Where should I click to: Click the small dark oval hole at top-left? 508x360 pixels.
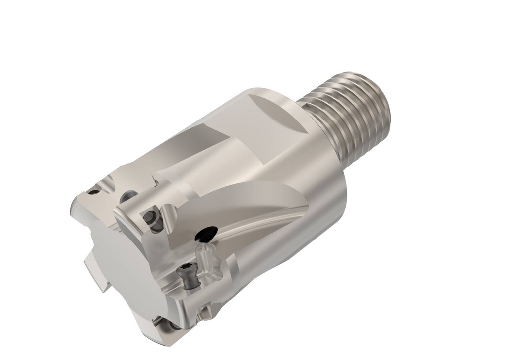pyautogui.click(x=93, y=192)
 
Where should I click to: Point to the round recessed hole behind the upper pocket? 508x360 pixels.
pyautogui.click(x=130, y=195)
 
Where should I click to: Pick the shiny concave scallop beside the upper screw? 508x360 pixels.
pyautogui.click(x=169, y=218)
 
